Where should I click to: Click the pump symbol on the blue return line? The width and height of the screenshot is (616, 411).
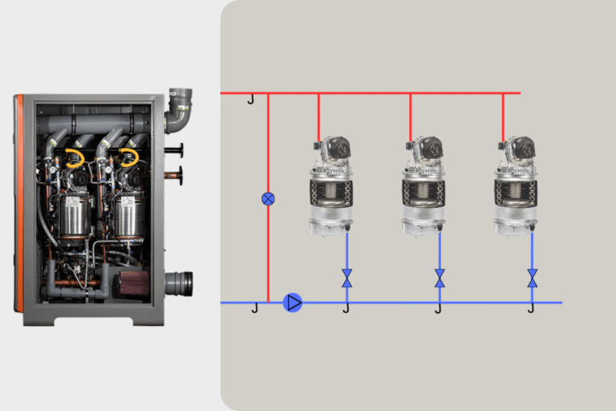[293, 303]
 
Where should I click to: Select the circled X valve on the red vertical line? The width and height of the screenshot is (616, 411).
[268, 198]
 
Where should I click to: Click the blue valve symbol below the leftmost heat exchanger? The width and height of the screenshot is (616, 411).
[346, 278]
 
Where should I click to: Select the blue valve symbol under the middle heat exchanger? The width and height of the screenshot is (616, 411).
[440, 278]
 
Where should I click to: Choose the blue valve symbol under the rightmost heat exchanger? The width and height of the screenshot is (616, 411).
[532, 278]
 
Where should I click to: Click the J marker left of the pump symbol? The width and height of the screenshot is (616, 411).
[255, 308]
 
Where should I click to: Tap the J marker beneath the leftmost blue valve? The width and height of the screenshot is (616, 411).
[346, 308]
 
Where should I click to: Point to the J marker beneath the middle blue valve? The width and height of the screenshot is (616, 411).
[439, 308]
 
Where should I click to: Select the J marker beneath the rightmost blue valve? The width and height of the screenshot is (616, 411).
[531, 308]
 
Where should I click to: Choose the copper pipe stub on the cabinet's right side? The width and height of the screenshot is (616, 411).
[172, 174]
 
